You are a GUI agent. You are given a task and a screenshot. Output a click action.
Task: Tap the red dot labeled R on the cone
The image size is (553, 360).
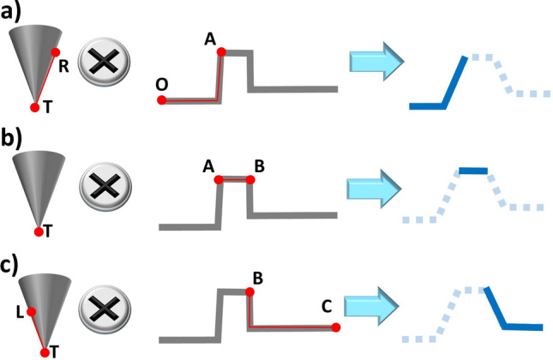coord(56,53)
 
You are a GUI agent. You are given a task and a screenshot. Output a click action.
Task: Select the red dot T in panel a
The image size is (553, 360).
coord(35,107)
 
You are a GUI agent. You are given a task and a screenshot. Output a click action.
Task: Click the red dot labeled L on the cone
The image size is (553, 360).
coord(30,312)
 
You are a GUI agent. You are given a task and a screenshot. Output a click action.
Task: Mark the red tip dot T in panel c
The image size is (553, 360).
coord(44,351)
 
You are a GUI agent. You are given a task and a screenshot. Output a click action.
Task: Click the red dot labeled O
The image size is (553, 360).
coord(161,100)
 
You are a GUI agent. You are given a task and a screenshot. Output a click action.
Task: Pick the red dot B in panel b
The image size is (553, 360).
coord(249,179)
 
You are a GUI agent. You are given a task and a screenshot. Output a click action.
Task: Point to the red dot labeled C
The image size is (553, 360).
coord(336,327)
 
